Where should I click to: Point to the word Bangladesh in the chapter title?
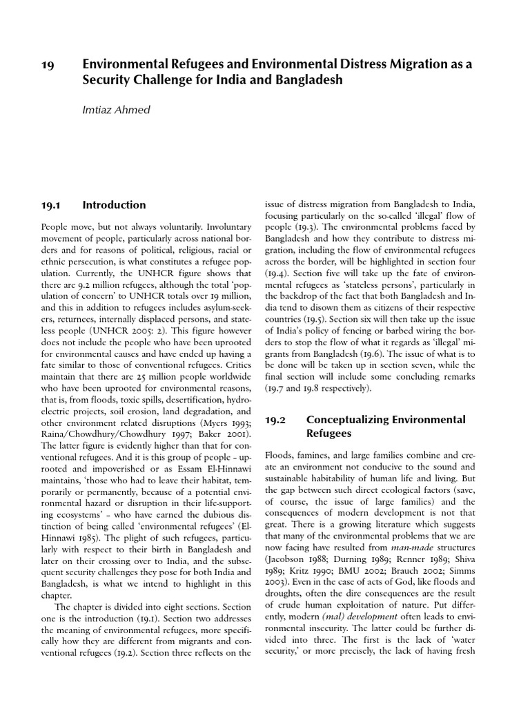click(x=308, y=80)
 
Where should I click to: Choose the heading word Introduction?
click(x=114, y=204)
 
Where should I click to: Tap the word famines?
click(x=311, y=457)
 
